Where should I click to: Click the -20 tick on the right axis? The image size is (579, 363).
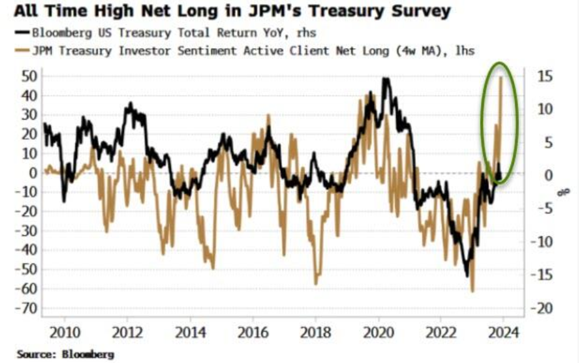coord(543,309)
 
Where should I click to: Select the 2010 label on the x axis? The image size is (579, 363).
coord(64,332)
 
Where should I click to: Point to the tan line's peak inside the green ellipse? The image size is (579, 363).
coord(501,77)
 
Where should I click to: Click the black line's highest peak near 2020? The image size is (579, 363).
coord(385,79)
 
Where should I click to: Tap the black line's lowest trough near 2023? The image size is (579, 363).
coord(466,276)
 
